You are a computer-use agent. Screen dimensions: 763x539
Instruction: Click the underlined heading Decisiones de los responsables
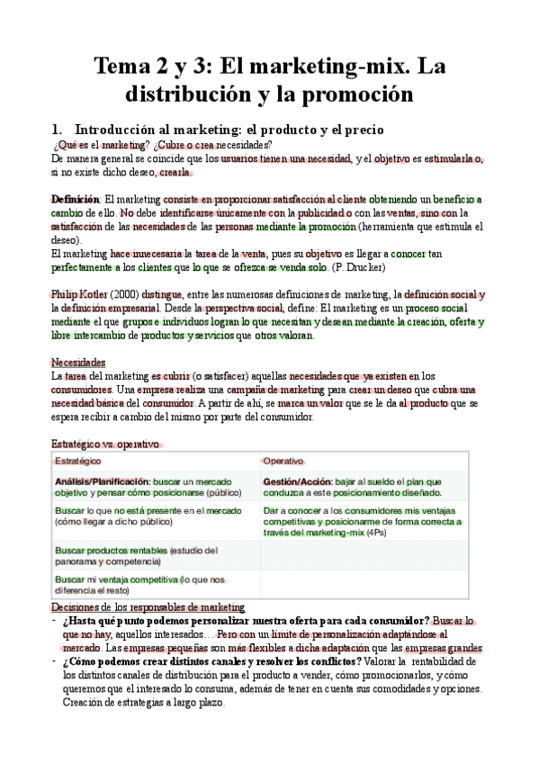tap(148, 607)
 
